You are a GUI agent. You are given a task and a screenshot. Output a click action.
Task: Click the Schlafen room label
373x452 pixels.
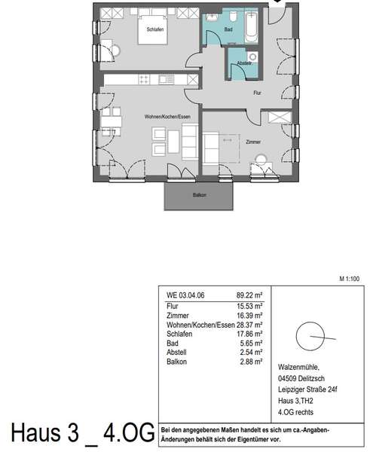tap(155, 29)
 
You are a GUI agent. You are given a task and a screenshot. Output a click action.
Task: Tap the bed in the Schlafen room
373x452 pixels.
tap(152, 29)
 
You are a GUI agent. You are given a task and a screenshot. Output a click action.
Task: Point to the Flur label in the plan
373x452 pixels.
tap(257, 93)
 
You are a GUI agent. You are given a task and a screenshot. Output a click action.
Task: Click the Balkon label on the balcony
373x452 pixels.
tap(199, 195)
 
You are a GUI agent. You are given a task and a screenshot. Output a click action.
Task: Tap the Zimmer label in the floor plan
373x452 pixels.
tap(253, 142)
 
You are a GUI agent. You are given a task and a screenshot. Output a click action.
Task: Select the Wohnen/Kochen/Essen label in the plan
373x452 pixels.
tap(167, 117)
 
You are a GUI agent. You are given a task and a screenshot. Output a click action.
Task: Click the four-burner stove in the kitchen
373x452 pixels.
tap(144, 79)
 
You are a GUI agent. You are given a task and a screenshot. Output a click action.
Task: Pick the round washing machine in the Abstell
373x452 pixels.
tap(252, 56)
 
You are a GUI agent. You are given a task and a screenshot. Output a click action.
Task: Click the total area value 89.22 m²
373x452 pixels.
tap(249, 295)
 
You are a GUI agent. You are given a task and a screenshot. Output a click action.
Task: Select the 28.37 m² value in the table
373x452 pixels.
tap(249, 325)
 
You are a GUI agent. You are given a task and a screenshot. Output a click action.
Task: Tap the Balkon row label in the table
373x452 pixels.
tap(176, 362)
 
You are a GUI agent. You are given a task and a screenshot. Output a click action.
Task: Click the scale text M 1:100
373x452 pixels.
tap(350, 279)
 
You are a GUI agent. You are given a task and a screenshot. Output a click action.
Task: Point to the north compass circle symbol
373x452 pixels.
tap(310, 336)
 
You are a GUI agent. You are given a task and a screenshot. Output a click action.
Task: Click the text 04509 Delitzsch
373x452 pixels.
tap(301, 378)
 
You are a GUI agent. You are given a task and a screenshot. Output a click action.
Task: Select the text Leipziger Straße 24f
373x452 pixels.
tap(307, 389)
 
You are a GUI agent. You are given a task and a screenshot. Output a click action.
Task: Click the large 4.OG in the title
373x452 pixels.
tap(129, 432)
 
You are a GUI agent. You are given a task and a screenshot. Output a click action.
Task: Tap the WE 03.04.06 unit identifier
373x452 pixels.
tap(185, 295)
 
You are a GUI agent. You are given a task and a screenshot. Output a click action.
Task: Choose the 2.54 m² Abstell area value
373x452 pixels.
tap(251, 353)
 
